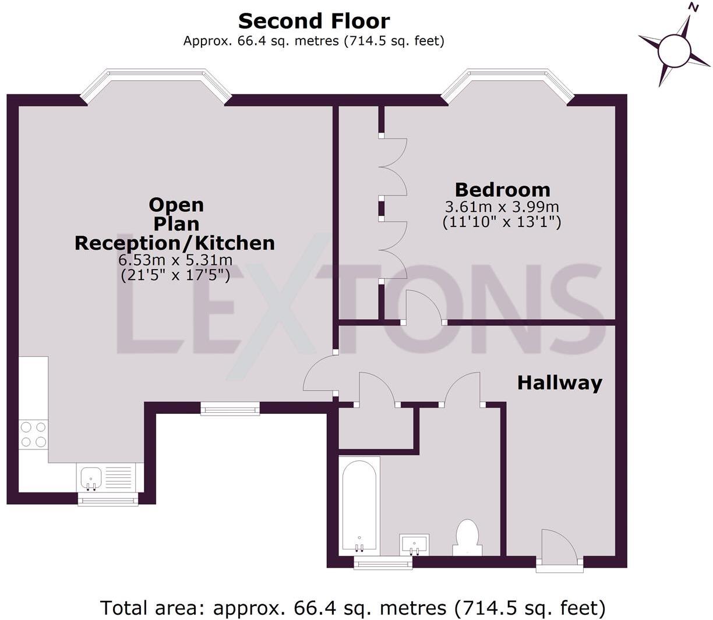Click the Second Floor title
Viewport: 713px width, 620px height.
(314, 21)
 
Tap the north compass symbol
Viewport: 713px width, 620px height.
(675, 49)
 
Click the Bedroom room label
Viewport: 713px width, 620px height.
(502, 189)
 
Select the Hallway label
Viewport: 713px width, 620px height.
(559, 382)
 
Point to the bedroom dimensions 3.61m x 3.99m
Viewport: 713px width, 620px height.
(502, 207)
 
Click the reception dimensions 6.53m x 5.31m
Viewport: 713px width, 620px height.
(175, 260)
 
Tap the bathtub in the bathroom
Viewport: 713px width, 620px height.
(359, 504)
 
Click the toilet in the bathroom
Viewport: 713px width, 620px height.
(467, 537)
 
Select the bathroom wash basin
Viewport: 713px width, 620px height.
(414, 544)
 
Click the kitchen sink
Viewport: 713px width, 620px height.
(91, 477)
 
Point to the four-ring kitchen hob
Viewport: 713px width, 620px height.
(33, 434)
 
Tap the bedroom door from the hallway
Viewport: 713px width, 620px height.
(423, 306)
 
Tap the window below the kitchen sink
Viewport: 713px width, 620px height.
(108, 499)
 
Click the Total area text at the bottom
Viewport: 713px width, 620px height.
(353, 607)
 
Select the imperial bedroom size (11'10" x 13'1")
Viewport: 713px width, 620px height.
(502, 222)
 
